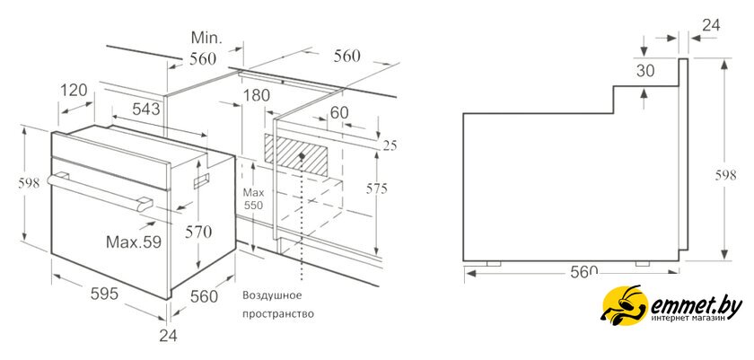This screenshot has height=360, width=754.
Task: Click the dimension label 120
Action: (x=75, y=90)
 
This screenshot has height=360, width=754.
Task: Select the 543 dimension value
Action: (x=146, y=110)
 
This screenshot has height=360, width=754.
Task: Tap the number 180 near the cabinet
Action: (x=257, y=95)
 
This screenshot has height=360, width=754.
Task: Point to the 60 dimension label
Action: (x=339, y=112)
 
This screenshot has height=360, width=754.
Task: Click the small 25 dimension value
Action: (x=390, y=145)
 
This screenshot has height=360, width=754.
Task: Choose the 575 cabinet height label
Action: (x=376, y=189)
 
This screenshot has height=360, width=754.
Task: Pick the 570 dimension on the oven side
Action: (x=198, y=233)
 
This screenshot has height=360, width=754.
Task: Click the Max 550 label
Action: (x=253, y=199)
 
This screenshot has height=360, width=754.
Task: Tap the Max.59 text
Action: (x=133, y=241)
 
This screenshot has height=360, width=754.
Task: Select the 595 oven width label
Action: (x=104, y=294)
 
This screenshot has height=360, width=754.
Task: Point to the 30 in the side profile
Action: (x=645, y=71)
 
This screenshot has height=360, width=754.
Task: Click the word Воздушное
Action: (x=272, y=294)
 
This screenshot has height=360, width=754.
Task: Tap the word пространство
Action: (x=278, y=314)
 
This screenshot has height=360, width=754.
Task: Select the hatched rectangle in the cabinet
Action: (x=296, y=154)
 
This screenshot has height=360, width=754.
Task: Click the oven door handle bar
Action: (x=100, y=193)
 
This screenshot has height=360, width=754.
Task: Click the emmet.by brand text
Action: (x=697, y=304)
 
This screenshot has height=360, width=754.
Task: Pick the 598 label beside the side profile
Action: (x=725, y=175)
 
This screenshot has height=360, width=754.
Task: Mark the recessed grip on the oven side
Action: (x=201, y=180)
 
